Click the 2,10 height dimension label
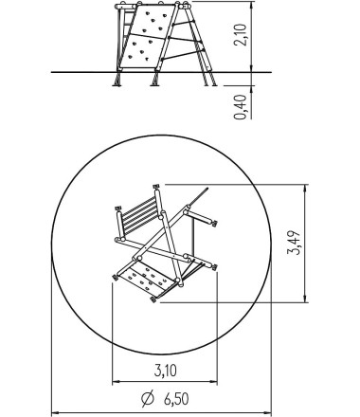click(241, 35)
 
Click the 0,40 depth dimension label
click(241, 107)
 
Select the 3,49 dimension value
click(295, 243)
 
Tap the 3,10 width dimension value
click(166, 371)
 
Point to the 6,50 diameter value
click(176, 399)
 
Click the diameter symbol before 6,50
click(147, 399)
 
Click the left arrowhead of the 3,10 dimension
click(117, 382)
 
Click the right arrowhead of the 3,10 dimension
click(213, 382)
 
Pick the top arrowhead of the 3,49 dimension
click(305, 189)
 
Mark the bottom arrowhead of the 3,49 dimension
click(305, 299)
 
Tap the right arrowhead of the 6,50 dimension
click(267, 412)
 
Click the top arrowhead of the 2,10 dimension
click(252, 6)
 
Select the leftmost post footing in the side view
click(117, 79)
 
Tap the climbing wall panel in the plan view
click(147, 279)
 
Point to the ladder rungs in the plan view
click(140, 215)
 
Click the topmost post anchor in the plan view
click(156, 186)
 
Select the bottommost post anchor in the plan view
click(153, 299)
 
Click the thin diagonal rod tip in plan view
click(207, 189)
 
